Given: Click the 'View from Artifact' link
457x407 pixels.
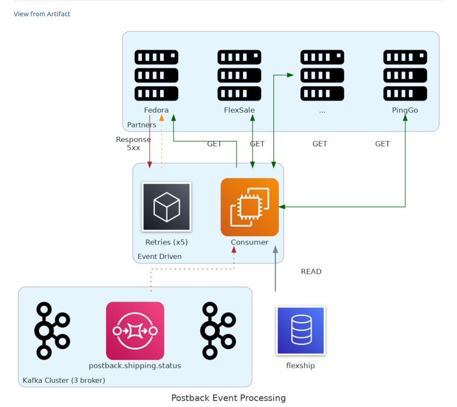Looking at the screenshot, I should pos(42,14).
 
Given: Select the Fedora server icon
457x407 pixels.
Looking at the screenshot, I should pos(156,75).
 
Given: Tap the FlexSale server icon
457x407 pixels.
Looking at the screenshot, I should pos(239,75).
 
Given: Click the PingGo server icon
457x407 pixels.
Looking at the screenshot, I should pos(405,75).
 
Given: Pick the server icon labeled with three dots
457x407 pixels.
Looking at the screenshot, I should pos(322,75).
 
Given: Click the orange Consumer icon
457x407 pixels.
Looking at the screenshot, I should pos(250,207).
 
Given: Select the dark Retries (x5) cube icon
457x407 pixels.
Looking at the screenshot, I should pos(166,207).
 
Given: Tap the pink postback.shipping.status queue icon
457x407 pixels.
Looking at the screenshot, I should pos(135,331).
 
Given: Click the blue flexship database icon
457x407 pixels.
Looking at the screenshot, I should pos(300,330).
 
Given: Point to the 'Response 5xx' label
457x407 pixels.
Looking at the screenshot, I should pos(133,144).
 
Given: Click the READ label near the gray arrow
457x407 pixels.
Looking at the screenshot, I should pos(311,272).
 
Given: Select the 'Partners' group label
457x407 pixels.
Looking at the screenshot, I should pos(141,125).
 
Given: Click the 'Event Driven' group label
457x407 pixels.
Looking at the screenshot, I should pos(159,257).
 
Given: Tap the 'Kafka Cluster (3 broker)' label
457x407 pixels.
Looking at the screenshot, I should pos(64,380).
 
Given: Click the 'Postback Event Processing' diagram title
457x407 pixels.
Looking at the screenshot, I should pos(228,398).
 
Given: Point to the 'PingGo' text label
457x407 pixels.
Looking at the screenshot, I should pos(405,110).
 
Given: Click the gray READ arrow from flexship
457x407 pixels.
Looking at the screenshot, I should pos(275,269).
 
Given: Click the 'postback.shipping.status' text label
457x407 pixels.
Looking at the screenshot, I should pos(135,366).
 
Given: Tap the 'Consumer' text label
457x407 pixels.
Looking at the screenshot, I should pos(250,242).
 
